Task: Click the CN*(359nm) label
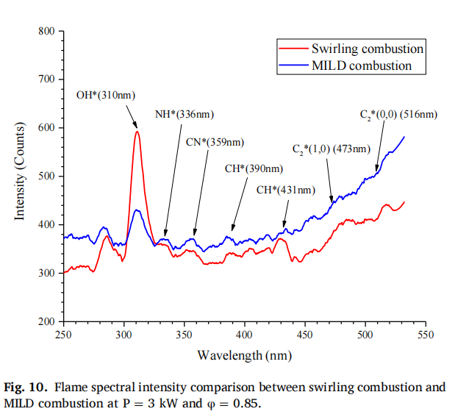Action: (214, 142)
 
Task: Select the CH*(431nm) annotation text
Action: (285, 190)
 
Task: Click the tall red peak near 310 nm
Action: (137, 132)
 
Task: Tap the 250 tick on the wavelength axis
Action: (64, 335)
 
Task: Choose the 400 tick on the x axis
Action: (245, 335)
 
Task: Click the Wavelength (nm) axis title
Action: (244, 355)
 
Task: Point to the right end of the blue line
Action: (404, 137)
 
